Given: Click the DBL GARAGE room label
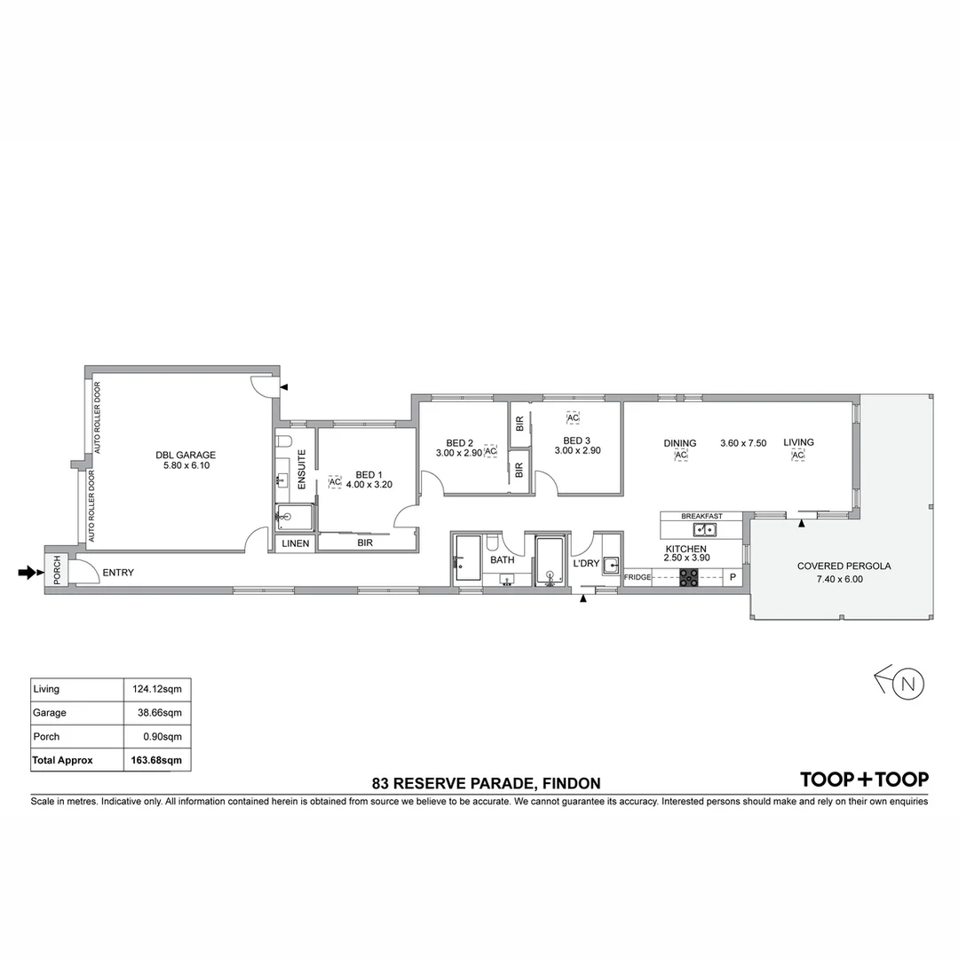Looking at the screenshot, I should (x=185, y=456).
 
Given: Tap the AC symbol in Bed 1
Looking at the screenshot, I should (x=335, y=482).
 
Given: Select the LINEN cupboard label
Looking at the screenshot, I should (x=295, y=543).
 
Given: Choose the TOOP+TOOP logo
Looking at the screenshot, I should (x=864, y=780).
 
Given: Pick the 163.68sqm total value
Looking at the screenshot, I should (x=159, y=760).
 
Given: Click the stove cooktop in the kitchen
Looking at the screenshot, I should (x=689, y=577).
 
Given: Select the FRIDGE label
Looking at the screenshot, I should (x=638, y=578).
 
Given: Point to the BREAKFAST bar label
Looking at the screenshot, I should (x=701, y=516).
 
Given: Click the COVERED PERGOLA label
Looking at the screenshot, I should (x=843, y=566).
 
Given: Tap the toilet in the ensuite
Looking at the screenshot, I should (x=283, y=442).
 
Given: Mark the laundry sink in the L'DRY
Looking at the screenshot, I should (x=611, y=564).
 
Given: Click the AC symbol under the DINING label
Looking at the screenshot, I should (x=681, y=456).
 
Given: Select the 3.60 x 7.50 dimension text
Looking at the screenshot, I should (x=743, y=443).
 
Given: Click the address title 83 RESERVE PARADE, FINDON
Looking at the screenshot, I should (x=487, y=783).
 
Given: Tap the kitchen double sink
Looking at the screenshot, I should (x=706, y=530).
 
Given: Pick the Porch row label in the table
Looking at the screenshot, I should (x=46, y=736).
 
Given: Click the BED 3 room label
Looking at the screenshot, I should (x=576, y=440).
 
